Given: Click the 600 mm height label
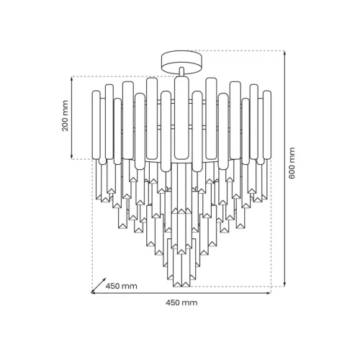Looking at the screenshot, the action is tap(292, 163).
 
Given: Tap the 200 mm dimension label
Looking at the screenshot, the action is tap(65, 116).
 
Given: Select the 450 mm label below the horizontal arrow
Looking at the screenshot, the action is tap(181, 302).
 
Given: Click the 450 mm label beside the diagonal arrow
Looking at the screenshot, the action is tap(122, 286).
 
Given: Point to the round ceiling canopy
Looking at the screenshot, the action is tap(181, 61).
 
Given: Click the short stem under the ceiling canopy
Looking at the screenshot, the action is tap(181, 71).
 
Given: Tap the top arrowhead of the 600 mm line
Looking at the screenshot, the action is tap(284, 53).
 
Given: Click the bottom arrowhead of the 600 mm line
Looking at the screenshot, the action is tap(284, 284).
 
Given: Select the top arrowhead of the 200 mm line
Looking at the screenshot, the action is tap(72, 78).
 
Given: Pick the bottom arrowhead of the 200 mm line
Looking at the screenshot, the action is tap(72, 157).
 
